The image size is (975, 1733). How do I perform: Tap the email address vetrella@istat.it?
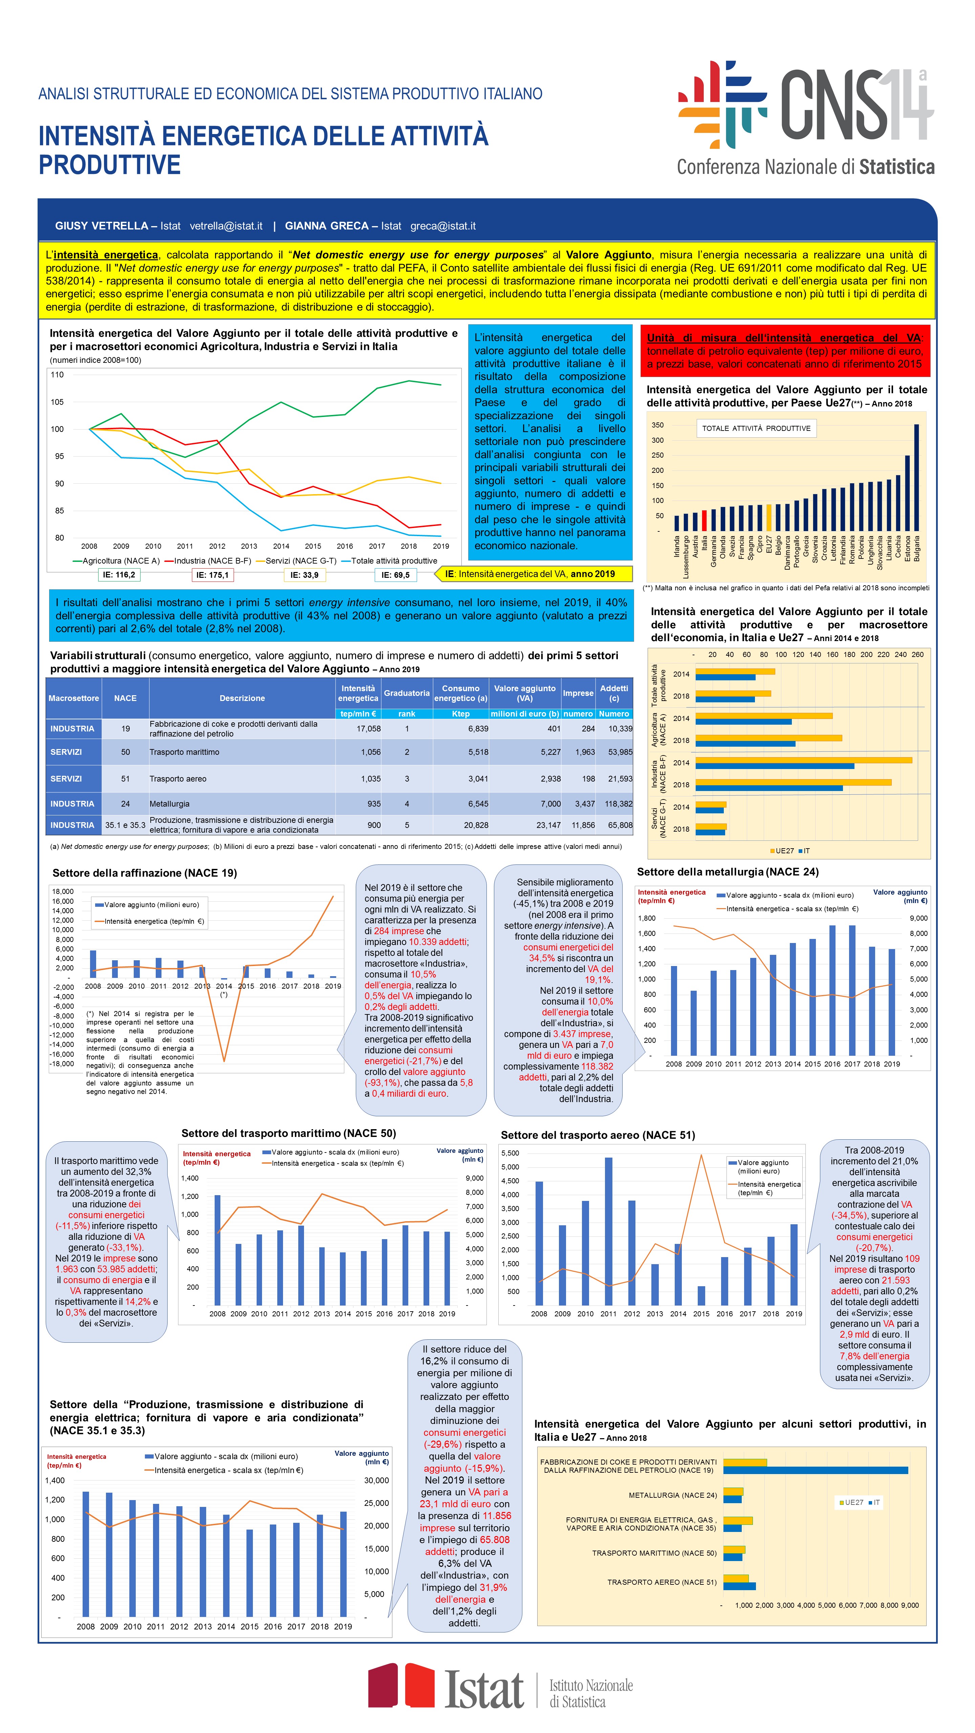(x=226, y=226)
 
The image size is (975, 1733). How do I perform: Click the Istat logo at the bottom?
(x=500, y=1685)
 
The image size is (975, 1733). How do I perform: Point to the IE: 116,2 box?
(x=118, y=574)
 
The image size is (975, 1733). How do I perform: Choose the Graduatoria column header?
(x=406, y=693)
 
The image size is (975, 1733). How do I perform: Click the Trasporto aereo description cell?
(x=242, y=778)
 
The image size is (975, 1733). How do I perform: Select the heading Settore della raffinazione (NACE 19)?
(x=145, y=873)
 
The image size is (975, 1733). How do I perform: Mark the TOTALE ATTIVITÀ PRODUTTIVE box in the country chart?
(x=756, y=429)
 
